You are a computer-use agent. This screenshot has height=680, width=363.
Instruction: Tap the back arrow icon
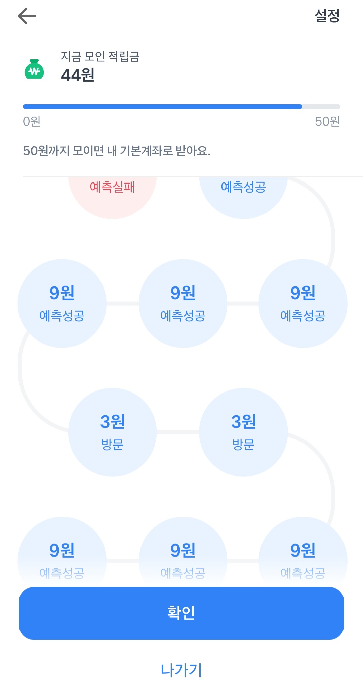click(x=27, y=16)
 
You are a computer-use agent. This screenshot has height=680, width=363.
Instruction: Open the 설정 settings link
click(x=327, y=16)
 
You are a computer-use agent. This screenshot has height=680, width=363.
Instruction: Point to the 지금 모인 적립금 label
click(x=100, y=56)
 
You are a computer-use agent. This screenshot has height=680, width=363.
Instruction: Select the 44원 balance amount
click(x=78, y=75)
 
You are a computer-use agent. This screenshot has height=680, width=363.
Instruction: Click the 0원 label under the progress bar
click(x=32, y=121)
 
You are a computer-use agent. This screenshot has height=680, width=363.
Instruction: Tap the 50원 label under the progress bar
click(x=327, y=121)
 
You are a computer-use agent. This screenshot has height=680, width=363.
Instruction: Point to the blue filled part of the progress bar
click(x=163, y=107)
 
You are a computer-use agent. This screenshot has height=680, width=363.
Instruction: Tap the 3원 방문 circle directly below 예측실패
click(x=112, y=432)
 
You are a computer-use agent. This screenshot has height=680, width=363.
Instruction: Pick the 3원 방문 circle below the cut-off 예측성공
click(x=243, y=432)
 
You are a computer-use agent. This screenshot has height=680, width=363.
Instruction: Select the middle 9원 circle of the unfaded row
click(x=183, y=303)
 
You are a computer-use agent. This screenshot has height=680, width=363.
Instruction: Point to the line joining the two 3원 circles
click(x=178, y=432)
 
